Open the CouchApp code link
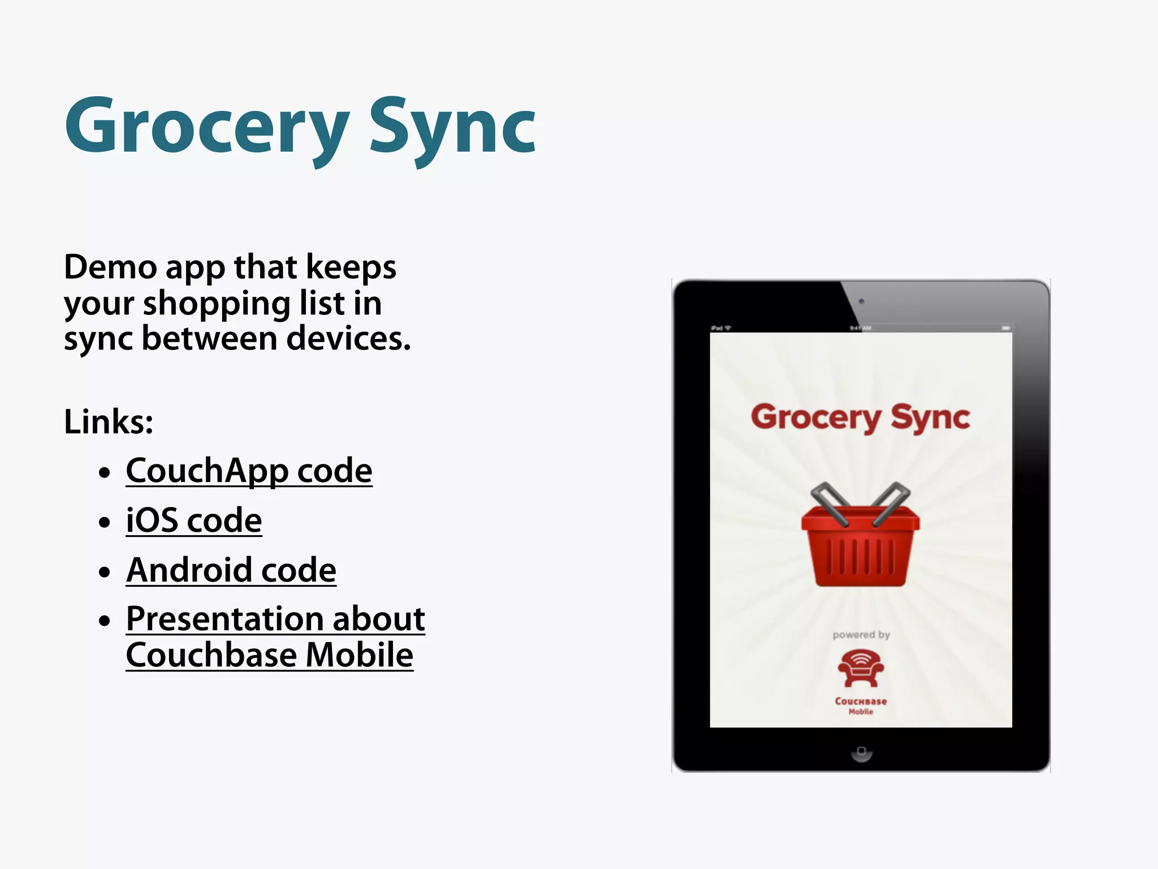[x=249, y=470]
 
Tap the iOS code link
[x=194, y=520]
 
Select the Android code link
[x=231, y=570]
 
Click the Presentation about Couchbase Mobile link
[x=275, y=636]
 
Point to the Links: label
[x=109, y=421]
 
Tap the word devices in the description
[x=348, y=338]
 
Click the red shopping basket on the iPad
[x=860, y=543]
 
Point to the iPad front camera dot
[x=861, y=301]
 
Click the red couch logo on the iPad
[x=861, y=668]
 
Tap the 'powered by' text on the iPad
[x=861, y=635]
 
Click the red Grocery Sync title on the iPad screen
[x=860, y=418]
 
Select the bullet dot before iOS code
[x=104, y=522]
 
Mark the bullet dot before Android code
[x=104, y=571]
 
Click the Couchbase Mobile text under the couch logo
[x=861, y=705]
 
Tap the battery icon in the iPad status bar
[x=1005, y=328]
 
